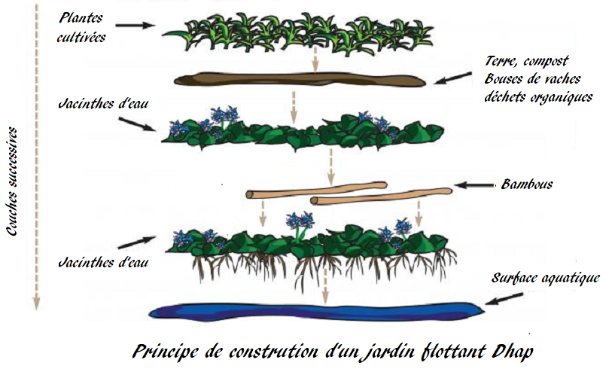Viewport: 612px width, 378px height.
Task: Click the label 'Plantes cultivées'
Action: pos(81,27)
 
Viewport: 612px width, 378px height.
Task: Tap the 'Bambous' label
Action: pos(526,184)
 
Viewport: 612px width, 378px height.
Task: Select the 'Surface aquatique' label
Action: pos(545,278)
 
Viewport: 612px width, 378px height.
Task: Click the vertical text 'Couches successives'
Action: pos(13,181)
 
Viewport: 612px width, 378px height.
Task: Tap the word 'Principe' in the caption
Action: pos(165,352)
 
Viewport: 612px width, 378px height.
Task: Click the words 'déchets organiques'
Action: pos(538,97)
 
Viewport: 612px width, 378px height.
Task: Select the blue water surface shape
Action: pos(317,311)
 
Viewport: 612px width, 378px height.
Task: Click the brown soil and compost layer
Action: pos(300,79)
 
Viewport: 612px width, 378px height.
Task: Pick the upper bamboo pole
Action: pos(316,190)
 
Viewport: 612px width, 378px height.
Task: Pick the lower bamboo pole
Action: pos(382,197)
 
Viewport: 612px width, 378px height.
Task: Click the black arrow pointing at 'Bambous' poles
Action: pos(474,185)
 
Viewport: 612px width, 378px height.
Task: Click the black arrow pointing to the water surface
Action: pos(504,299)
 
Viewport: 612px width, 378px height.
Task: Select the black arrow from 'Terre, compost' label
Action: pos(452,78)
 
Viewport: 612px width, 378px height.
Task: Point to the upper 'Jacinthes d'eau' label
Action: pos(103,104)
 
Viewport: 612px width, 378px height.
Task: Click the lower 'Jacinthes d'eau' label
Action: pos(103,262)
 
